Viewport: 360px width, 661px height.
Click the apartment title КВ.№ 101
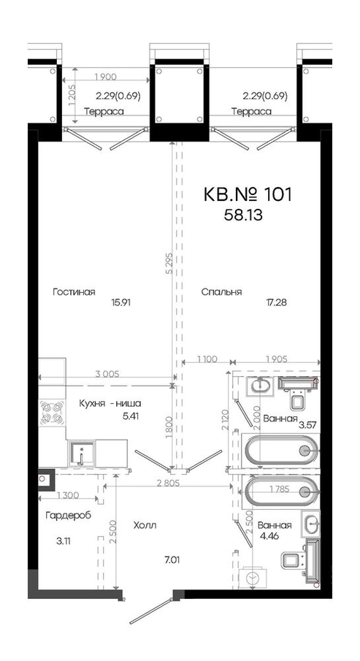(x=248, y=195)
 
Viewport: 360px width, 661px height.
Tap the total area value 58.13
(x=245, y=215)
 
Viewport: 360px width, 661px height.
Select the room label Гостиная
(x=74, y=292)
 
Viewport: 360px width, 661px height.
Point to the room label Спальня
(x=221, y=292)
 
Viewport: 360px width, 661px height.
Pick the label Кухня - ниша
(x=110, y=403)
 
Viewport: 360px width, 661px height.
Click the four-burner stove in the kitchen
(x=53, y=412)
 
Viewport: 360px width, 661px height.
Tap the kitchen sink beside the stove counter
(x=81, y=454)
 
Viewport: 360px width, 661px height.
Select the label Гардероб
(x=69, y=515)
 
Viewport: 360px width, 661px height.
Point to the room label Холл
(x=145, y=525)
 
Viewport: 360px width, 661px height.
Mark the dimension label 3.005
(x=108, y=373)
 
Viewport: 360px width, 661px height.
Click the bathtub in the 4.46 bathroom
(x=280, y=491)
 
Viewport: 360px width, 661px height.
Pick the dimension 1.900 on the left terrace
(x=105, y=77)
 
